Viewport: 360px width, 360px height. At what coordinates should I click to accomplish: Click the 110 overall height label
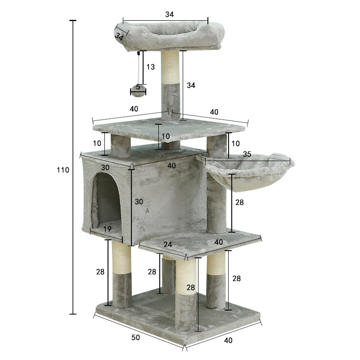[63, 170]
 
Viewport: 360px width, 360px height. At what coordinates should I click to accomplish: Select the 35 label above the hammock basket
[247, 154]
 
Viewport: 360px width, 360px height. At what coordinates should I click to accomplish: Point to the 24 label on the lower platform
[167, 244]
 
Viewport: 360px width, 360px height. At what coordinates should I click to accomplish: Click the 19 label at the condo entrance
[108, 229]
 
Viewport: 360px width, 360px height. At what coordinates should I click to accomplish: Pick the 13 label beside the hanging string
[150, 67]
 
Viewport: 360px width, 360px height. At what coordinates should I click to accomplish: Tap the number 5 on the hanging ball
[138, 87]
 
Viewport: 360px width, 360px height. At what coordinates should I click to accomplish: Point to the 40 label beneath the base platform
[228, 340]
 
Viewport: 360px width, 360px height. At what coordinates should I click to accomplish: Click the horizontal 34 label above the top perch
[169, 14]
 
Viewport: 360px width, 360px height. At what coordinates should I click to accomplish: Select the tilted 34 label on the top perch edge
[119, 36]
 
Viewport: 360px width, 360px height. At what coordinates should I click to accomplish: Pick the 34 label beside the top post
[191, 85]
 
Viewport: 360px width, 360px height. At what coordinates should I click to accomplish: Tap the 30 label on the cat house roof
[105, 167]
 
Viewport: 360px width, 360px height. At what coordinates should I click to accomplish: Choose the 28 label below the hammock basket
[239, 202]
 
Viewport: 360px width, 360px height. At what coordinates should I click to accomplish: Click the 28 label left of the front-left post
[100, 272]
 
